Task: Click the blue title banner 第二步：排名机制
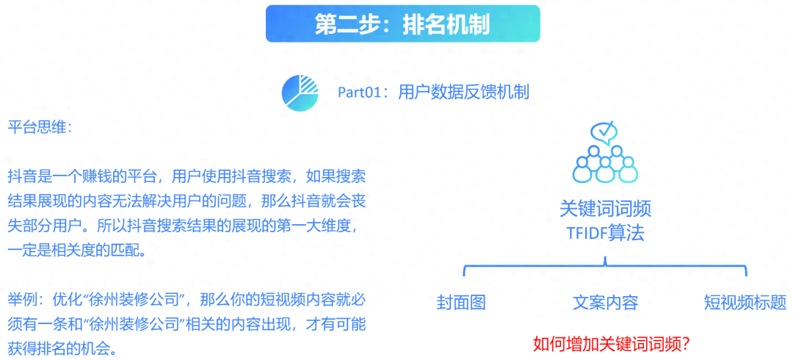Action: [402, 24]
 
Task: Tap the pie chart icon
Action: [300, 92]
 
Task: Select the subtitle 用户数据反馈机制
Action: [464, 92]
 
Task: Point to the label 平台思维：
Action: [40, 128]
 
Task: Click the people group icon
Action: [605, 164]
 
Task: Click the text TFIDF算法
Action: [605, 234]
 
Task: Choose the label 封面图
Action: [461, 302]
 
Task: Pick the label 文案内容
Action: [605, 302]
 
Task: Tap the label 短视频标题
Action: [745, 302]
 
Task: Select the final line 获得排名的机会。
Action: [62, 349]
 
